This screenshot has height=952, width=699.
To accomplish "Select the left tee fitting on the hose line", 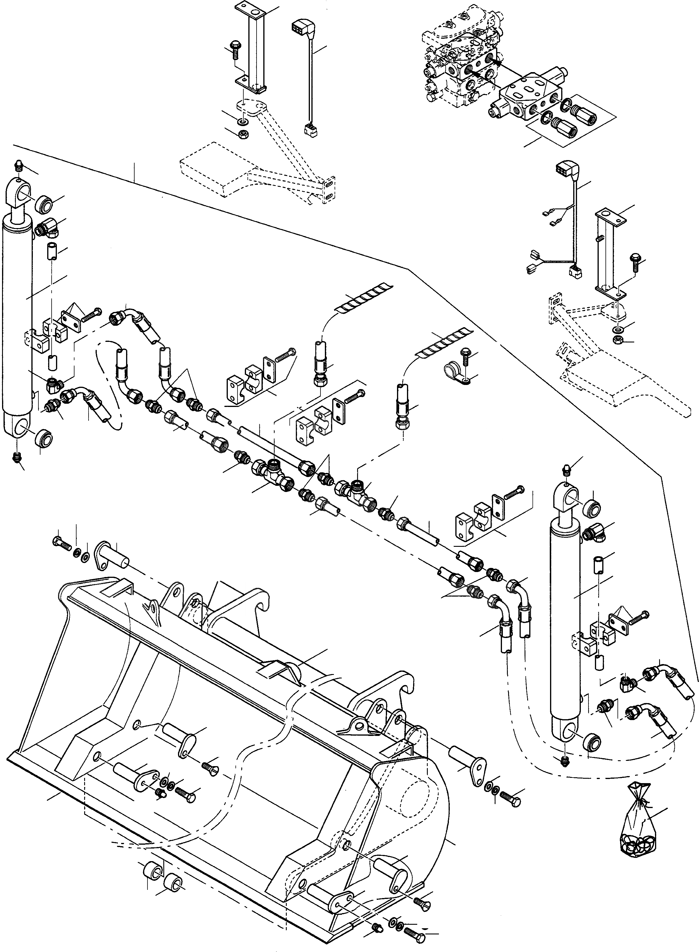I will coord(273,472).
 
